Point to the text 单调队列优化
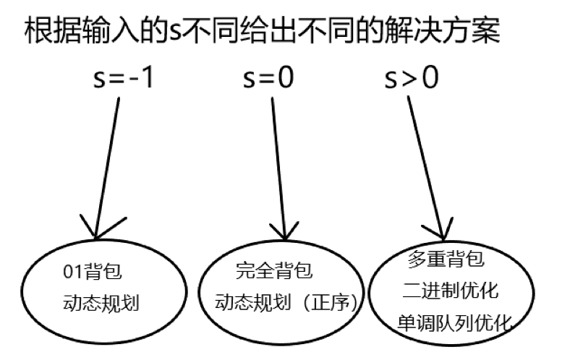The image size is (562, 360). [455, 323]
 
